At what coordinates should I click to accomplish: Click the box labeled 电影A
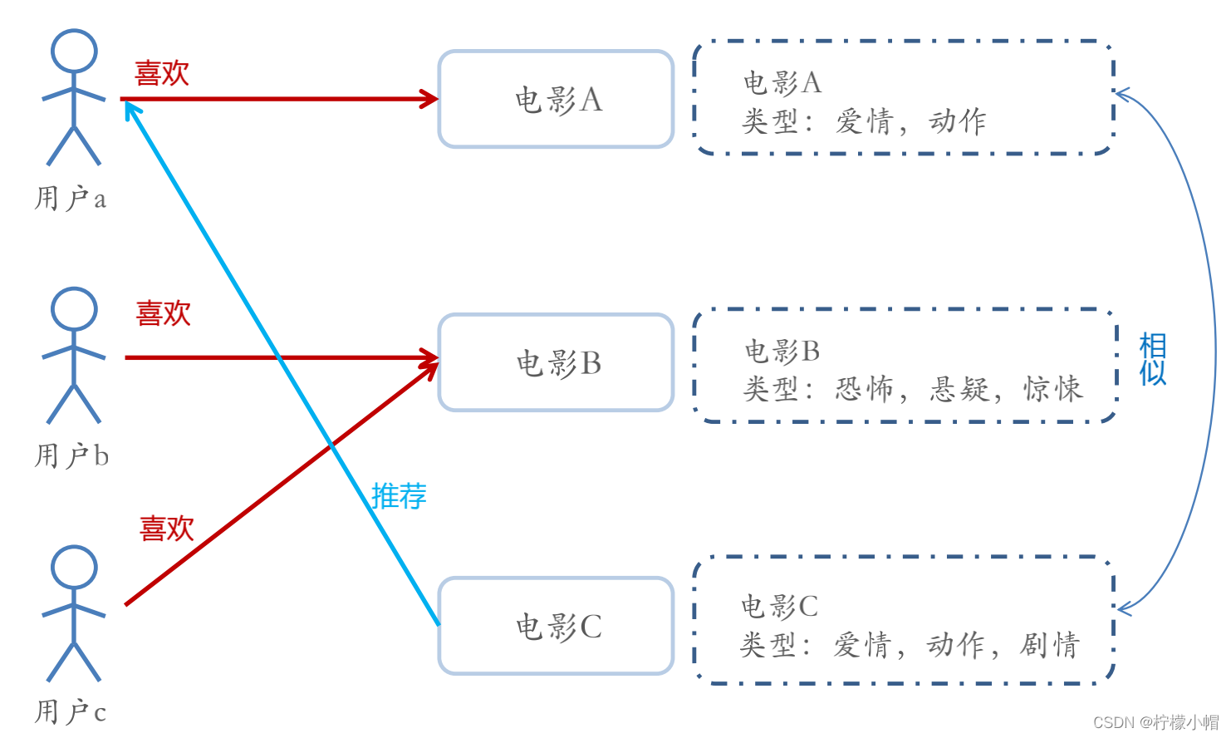coord(556,99)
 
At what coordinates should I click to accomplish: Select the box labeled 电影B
coord(556,362)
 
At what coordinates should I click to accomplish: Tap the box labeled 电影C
coord(556,626)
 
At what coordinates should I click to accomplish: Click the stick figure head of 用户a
coord(74,52)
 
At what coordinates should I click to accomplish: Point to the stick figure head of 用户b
coord(74,309)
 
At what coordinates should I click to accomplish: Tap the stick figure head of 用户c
coord(74,568)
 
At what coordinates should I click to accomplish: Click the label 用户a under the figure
coord(71,199)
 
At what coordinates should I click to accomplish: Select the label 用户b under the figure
coord(71,456)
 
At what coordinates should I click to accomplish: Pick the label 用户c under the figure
coord(71,712)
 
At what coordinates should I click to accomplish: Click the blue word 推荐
coord(399,496)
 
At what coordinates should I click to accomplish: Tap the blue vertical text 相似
coord(1153,359)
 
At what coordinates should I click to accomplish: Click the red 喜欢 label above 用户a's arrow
coord(162,73)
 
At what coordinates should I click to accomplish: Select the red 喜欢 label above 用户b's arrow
coord(164,313)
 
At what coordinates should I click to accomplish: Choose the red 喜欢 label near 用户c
coord(167,529)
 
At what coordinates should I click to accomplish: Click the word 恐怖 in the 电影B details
coord(865,389)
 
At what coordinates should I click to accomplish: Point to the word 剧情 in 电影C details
coord(1050,645)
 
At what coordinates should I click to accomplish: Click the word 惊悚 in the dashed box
coord(1053,389)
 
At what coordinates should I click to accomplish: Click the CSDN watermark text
coord(1155,722)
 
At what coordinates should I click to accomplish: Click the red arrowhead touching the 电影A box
coord(429,99)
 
